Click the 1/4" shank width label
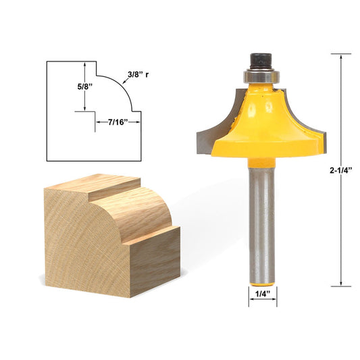(x=263, y=294)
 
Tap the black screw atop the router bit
(x=261, y=59)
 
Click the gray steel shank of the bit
(x=262, y=216)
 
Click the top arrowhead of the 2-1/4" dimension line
(x=341, y=57)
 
